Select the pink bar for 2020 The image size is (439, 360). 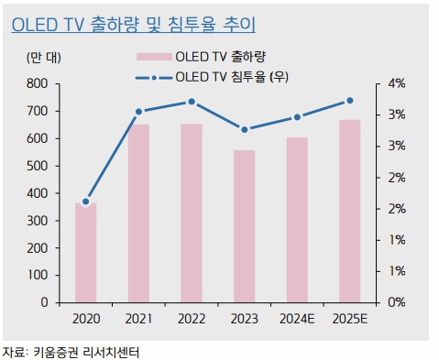point(85,252)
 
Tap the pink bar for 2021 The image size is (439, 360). point(138,213)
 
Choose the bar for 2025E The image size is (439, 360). point(349,211)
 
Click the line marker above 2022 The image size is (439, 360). point(192,102)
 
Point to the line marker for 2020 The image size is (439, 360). point(85,202)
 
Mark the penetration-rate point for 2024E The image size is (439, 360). point(297,117)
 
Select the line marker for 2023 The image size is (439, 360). point(245,129)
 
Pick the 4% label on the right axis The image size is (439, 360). point(397,83)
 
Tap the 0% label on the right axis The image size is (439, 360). point(397,302)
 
